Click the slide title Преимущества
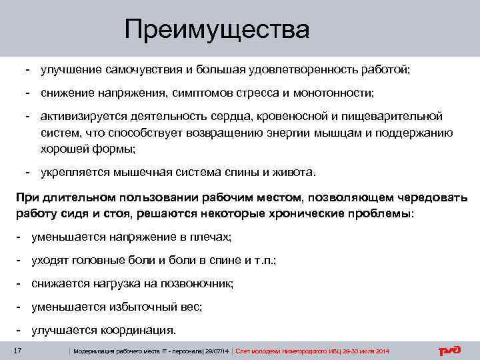[217, 30]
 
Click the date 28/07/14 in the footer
[217, 351]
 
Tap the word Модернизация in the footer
[95, 351]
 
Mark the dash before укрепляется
[29, 171]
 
